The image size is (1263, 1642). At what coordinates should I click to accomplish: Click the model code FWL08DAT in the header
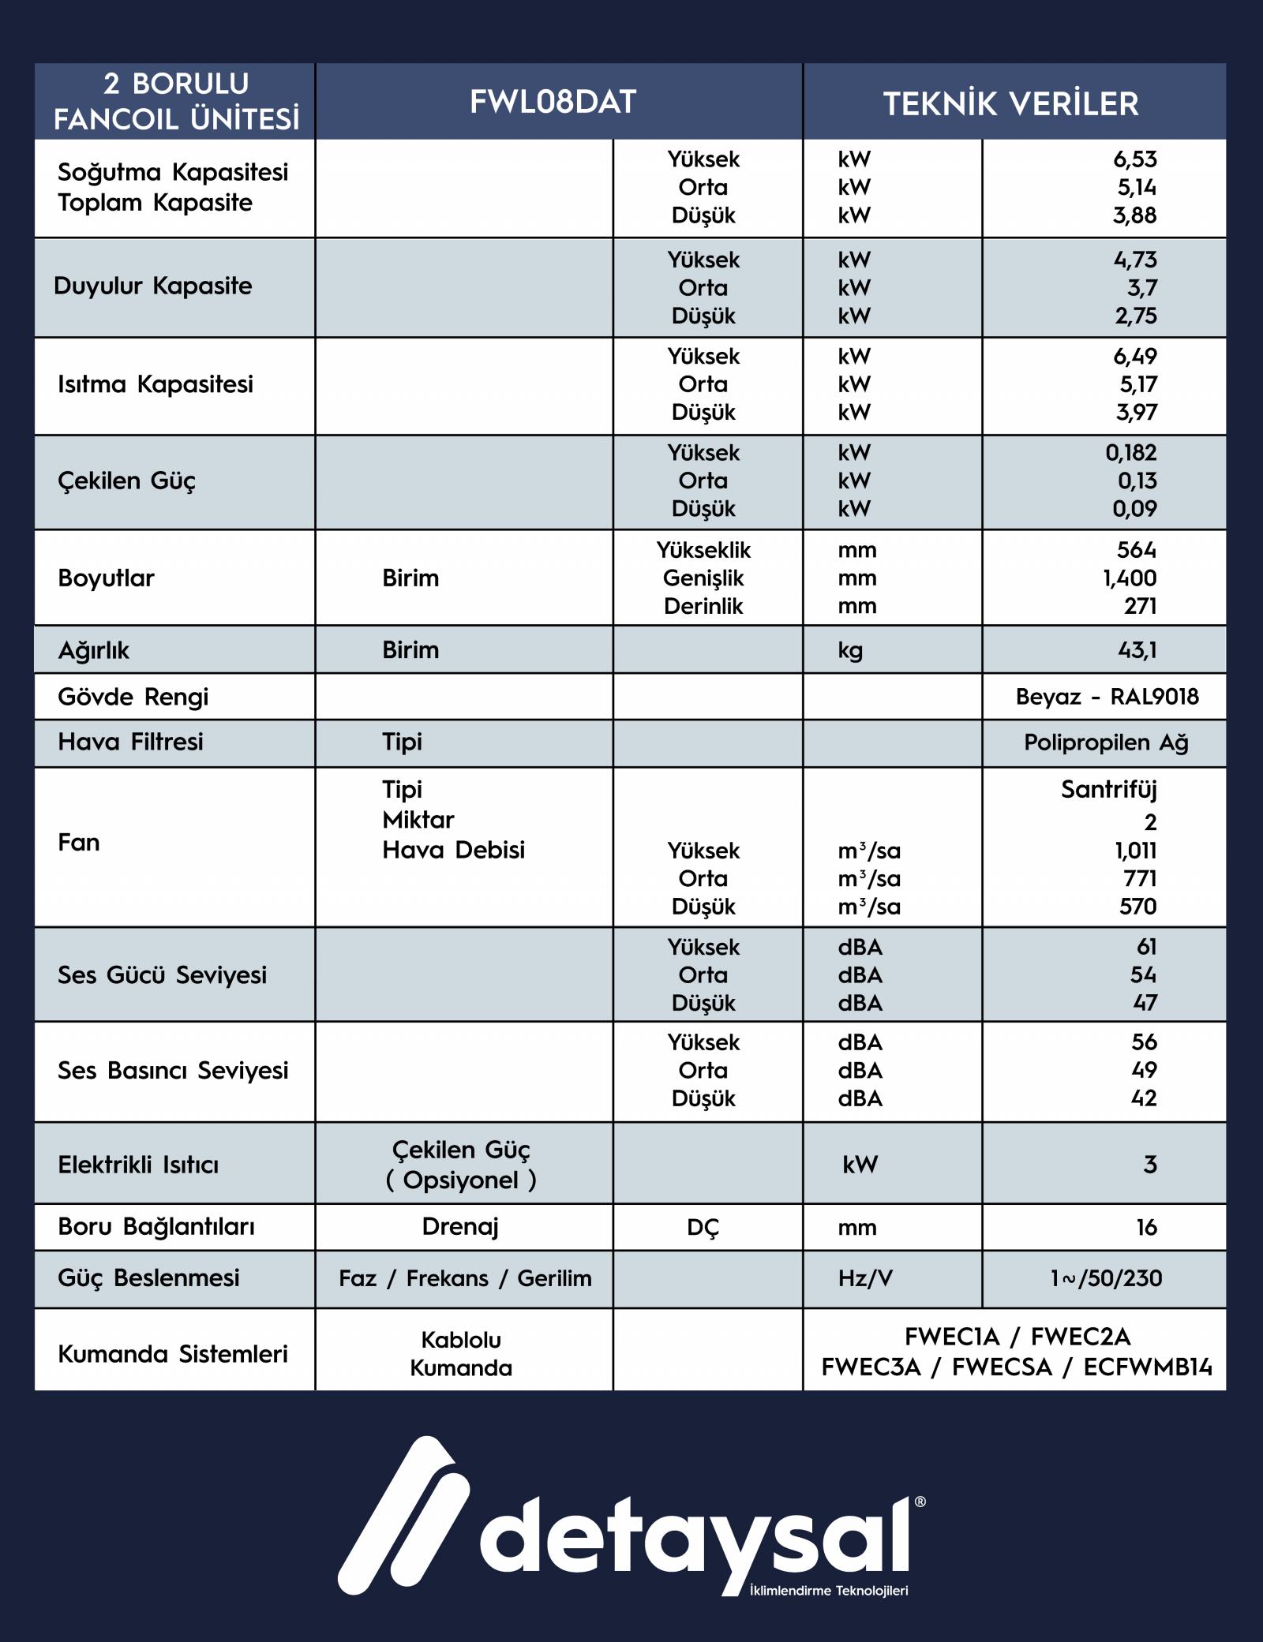pyautogui.click(x=553, y=102)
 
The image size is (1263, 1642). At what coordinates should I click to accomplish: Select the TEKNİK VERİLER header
pyautogui.click(x=1010, y=103)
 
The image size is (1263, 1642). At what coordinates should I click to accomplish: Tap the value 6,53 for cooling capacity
pyautogui.click(x=1134, y=159)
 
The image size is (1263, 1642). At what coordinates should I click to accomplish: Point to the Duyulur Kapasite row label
pyautogui.click(x=153, y=286)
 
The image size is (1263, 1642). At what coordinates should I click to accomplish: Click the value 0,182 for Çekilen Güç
pyautogui.click(x=1130, y=453)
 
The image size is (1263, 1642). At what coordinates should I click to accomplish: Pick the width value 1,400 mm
pyautogui.click(x=1130, y=578)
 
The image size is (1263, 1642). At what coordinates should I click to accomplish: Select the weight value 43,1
pyautogui.click(x=1137, y=650)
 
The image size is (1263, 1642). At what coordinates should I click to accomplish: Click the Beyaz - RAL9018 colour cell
pyautogui.click(x=1107, y=697)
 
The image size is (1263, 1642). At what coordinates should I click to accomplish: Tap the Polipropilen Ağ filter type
pyautogui.click(x=1106, y=742)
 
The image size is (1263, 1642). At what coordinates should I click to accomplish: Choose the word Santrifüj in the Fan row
pyautogui.click(x=1108, y=789)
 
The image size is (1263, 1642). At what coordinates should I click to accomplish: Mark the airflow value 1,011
pyautogui.click(x=1135, y=851)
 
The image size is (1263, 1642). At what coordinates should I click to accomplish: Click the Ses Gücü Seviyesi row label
pyautogui.click(x=162, y=975)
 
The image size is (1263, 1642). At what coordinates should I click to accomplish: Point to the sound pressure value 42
pyautogui.click(x=1143, y=1098)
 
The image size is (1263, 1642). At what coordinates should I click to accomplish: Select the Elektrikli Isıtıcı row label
pyautogui.click(x=138, y=1165)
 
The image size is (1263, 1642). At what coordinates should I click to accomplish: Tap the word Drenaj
pyautogui.click(x=460, y=1227)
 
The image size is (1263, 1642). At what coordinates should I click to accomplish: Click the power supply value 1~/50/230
pyautogui.click(x=1106, y=1278)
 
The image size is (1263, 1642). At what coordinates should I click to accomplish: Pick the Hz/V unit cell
pyautogui.click(x=865, y=1278)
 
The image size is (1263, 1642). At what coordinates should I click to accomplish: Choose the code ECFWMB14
pyautogui.click(x=1147, y=1367)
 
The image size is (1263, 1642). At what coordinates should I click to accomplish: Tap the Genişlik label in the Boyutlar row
pyautogui.click(x=703, y=578)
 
